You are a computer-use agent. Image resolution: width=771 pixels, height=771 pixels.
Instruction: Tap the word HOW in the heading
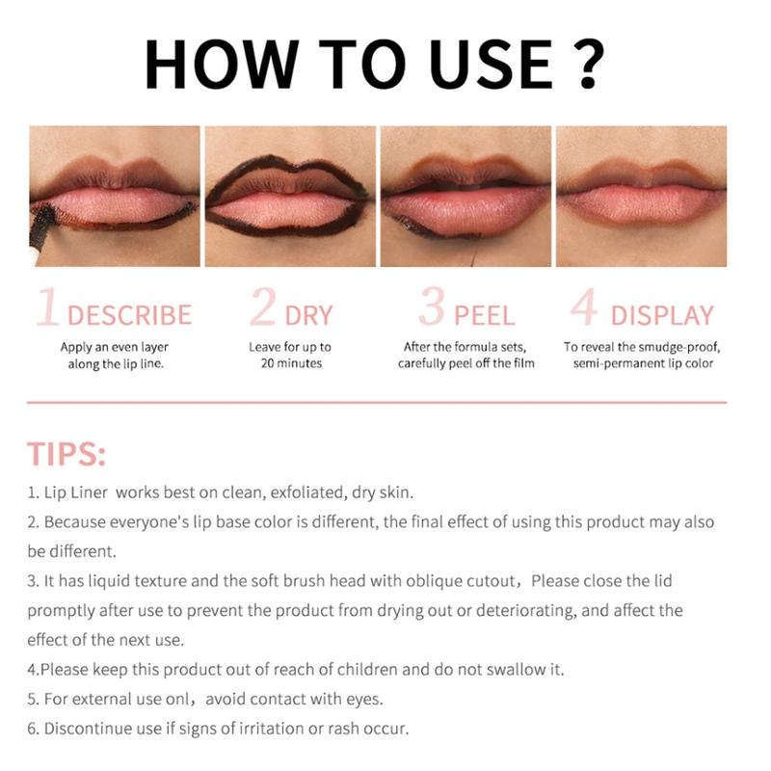click(222, 65)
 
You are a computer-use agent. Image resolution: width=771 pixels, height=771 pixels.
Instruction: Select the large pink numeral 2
click(262, 306)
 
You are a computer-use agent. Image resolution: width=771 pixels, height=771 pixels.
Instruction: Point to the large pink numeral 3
click(432, 306)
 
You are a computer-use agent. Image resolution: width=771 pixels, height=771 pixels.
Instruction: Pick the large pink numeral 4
click(584, 306)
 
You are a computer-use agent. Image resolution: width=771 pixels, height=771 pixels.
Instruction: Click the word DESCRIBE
click(129, 315)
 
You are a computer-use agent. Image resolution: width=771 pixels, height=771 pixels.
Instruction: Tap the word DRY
click(308, 315)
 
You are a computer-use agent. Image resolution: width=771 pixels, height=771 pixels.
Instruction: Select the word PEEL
click(485, 315)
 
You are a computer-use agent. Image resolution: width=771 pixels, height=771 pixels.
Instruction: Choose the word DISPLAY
click(662, 315)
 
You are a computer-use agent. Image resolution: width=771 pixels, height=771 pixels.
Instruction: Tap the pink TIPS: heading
click(66, 453)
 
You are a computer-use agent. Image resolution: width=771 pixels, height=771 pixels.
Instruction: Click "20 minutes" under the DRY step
click(291, 363)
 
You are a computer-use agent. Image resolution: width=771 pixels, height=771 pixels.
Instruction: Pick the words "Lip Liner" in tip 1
click(76, 492)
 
